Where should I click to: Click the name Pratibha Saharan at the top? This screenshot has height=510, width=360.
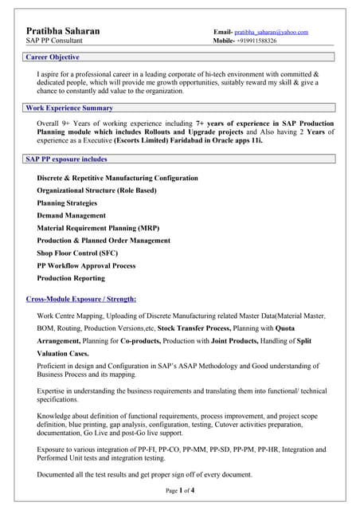point(63,31)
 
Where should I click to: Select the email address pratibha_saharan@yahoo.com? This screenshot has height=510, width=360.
point(271,32)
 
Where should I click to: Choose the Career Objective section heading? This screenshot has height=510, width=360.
point(53,57)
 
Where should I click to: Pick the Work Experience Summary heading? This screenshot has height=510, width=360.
point(69,108)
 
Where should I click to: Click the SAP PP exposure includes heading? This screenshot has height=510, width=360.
point(66,159)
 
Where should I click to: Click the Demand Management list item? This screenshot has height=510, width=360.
point(71,215)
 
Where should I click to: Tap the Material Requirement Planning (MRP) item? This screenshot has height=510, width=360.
point(98,228)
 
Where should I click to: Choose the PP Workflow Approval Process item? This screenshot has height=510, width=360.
point(86,265)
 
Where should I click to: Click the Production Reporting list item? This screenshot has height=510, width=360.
point(71,278)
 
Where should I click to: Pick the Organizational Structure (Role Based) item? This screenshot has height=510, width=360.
point(96,190)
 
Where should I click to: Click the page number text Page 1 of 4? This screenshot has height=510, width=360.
point(180,490)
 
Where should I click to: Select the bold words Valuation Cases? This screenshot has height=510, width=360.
point(63,353)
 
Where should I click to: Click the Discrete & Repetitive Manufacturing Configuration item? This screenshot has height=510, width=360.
point(117,178)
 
